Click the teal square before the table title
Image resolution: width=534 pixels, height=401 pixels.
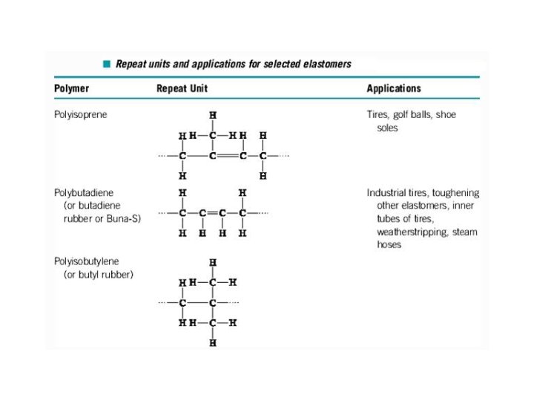(107, 64)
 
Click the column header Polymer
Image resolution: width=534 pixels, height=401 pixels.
(71, 88)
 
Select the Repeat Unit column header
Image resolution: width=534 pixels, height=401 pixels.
(182, 88)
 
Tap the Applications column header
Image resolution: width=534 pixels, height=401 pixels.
(393, 88)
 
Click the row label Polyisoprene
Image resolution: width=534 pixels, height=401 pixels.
(80, 114)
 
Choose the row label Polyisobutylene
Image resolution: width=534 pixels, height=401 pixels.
(85, 261)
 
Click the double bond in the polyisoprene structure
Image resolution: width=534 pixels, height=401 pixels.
(228, 156)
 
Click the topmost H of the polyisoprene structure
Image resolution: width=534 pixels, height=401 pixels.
(213, 116)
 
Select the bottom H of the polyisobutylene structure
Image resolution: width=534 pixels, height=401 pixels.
(213, 343)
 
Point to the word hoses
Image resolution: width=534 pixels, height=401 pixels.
(389, 245)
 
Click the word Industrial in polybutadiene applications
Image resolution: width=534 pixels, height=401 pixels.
(389, 192)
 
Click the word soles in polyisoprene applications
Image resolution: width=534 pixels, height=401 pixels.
(387, 128)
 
